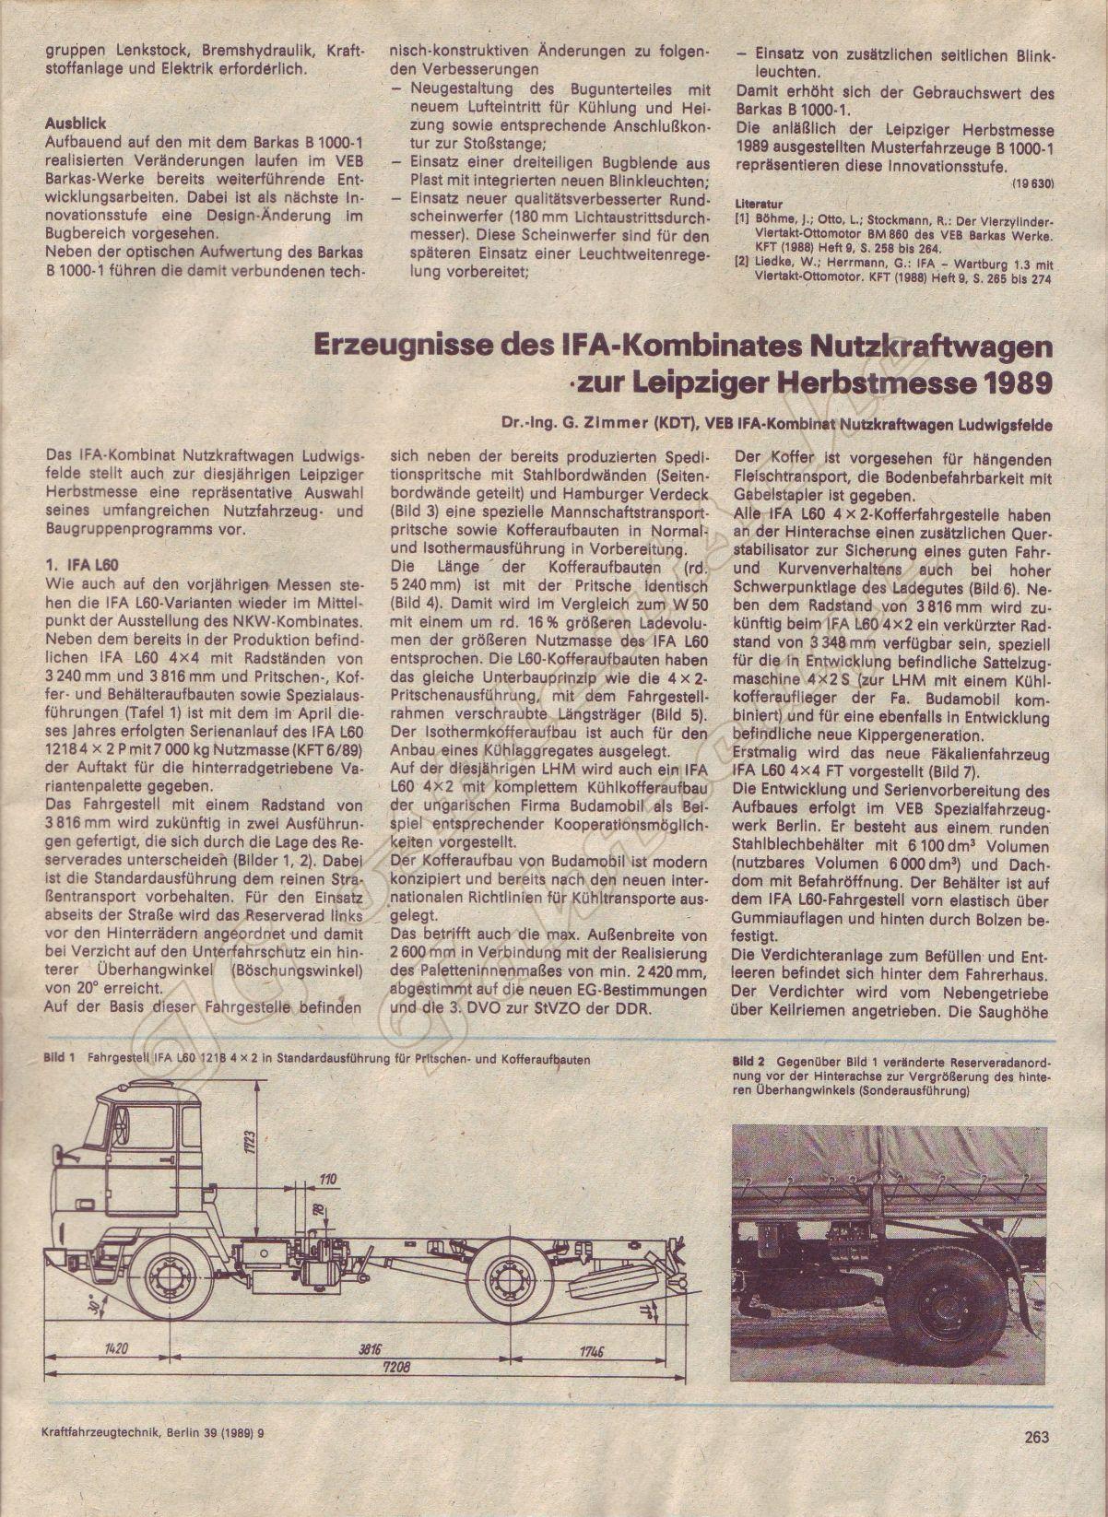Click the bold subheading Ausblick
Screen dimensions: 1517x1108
point(75,123)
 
